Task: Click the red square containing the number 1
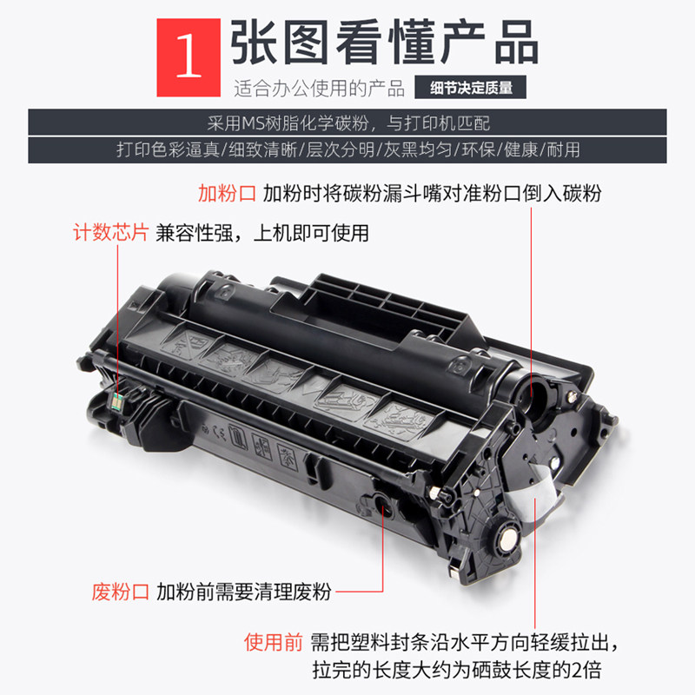tap(189, 57)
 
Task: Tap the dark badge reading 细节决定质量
tap(470, 87)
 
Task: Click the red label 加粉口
tap(227, 194)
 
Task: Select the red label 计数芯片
tap(111, 233)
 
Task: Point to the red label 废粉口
tap(121, 592)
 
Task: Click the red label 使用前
tap(273, 642)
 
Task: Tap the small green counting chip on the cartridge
tap(117, 401)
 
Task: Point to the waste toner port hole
tap(382, 503)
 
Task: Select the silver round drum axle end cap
tap(508, 538)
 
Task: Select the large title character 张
tap(254, 43)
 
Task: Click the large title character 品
tap(516, 43)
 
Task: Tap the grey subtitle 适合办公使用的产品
tap(319, 89)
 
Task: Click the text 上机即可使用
tap(311, 233)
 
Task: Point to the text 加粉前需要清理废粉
tap(244, 592)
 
